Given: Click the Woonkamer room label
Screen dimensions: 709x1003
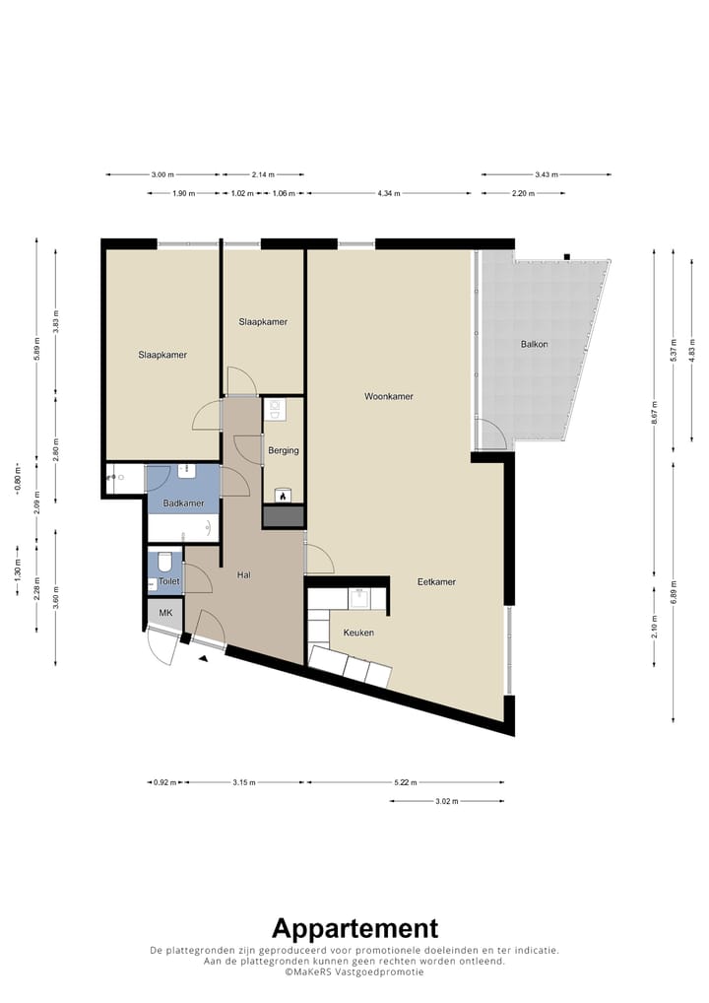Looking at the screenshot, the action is point(389,397).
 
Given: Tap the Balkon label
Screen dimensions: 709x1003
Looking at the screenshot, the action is point(534,344).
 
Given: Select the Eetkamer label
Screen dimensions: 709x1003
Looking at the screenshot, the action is point(436,582).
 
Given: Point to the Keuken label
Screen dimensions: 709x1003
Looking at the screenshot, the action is point(358,633).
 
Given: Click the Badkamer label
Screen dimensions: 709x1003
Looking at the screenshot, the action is point(183,503).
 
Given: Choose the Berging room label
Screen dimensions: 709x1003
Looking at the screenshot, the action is point(284,450).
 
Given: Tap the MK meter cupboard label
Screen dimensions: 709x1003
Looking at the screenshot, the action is point(165,613).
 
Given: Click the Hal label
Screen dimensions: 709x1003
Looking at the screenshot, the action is point(243,575).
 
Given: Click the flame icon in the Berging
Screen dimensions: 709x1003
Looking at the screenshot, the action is point(283,496).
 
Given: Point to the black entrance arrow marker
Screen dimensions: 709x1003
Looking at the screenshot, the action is point(203,659).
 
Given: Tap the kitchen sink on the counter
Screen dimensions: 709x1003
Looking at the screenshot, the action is point(358,598).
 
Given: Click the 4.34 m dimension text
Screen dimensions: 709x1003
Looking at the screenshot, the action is point(389,193).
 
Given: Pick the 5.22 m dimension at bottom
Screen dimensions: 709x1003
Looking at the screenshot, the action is point(406,782).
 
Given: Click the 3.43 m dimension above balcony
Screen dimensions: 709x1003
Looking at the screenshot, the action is point(547,174).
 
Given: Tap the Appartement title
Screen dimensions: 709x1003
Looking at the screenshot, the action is point(354,928).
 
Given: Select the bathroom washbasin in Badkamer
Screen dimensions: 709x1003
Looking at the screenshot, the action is point(187,471).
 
